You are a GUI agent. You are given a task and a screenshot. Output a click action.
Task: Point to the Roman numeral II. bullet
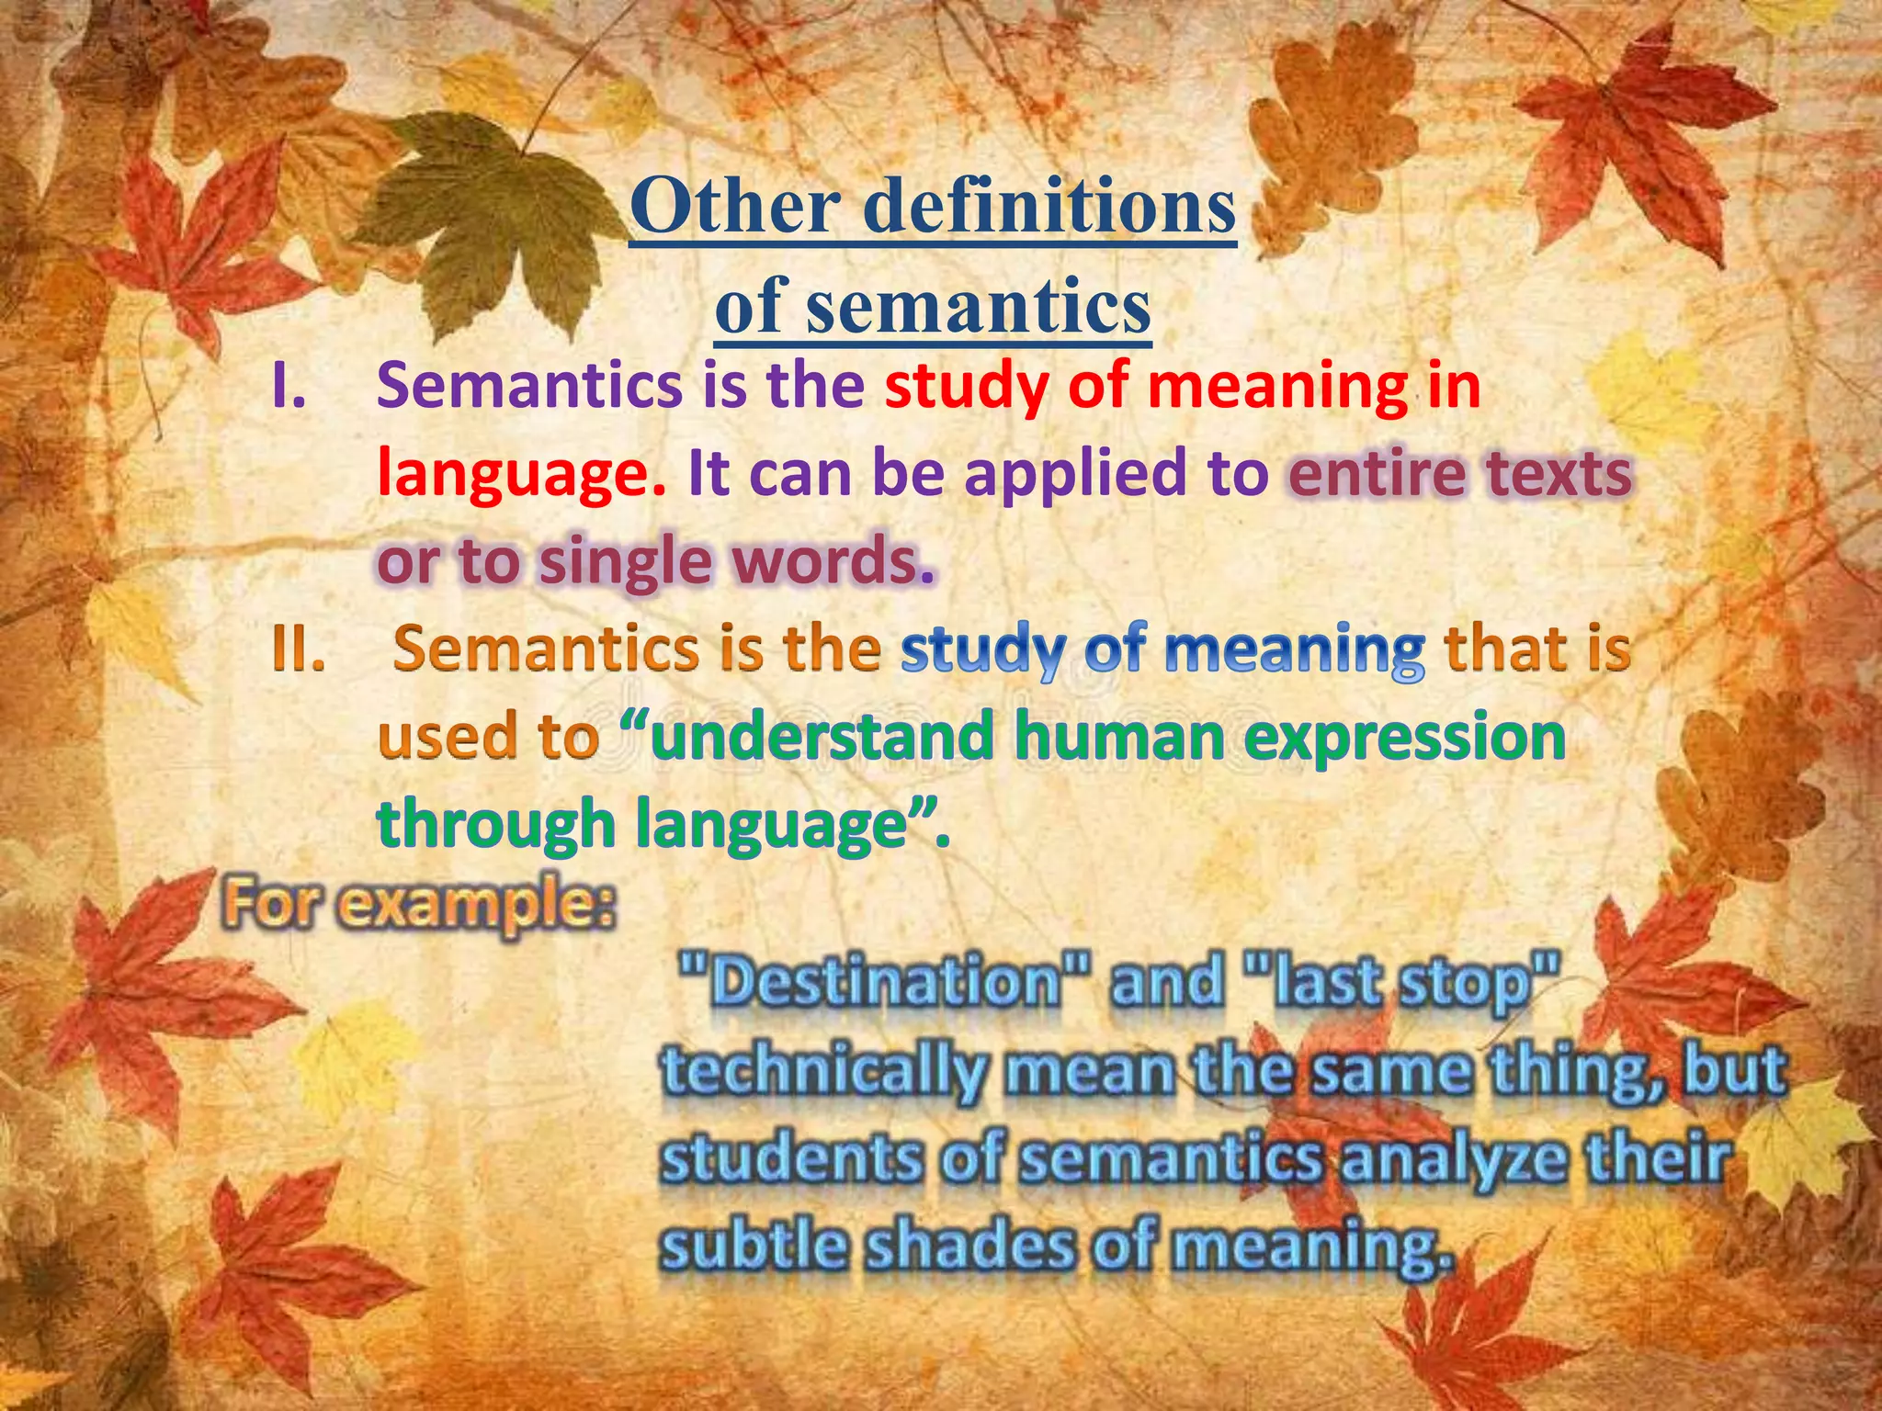[298, 650]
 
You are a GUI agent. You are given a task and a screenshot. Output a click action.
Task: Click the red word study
[966, 387]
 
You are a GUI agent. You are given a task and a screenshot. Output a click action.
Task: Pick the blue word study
[981, 650]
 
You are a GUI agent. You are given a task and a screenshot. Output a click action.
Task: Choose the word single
[624, 561]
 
